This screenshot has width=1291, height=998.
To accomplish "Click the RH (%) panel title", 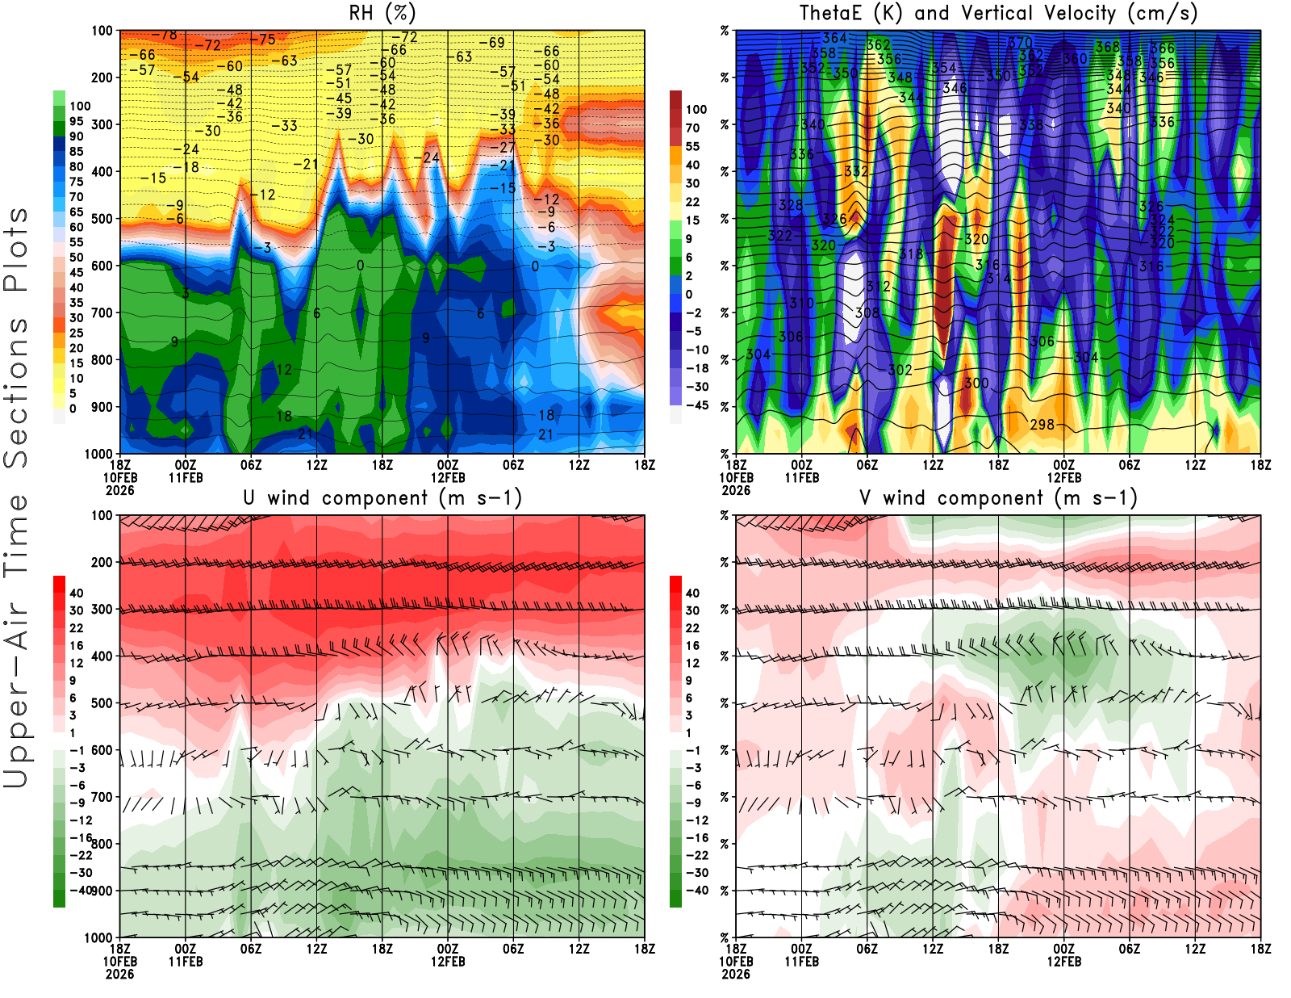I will (x=382, y=14).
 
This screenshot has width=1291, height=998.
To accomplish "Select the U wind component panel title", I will (x=382, y=498).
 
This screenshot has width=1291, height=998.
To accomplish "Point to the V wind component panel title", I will (x=998, y=498).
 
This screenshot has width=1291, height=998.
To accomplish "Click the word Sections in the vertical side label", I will (x=16, y=392).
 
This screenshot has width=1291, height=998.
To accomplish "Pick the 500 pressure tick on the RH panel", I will (x=102, y=219).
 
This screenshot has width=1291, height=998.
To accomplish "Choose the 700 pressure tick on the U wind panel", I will (x=102, y=797).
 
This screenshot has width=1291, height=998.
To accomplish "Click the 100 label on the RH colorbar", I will (x=80, y=107).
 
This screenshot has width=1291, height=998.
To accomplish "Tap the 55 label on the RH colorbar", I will (x=77, y=242).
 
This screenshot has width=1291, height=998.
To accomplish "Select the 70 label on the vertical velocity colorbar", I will (x=692, y=128).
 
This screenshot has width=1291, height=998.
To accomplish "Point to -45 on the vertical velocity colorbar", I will (x=696, y=405).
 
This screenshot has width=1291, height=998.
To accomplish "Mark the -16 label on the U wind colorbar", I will (x=79, y=838).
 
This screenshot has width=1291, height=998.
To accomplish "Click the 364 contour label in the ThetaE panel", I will (x=834, y=38).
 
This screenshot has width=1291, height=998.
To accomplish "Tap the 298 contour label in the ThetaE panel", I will (x=1042, y=424).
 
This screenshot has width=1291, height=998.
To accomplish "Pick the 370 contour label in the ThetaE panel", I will (x=1020, y=43).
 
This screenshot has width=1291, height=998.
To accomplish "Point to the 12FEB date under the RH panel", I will (x=448, y=478).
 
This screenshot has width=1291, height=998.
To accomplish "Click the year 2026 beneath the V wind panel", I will (x=736, y=974).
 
